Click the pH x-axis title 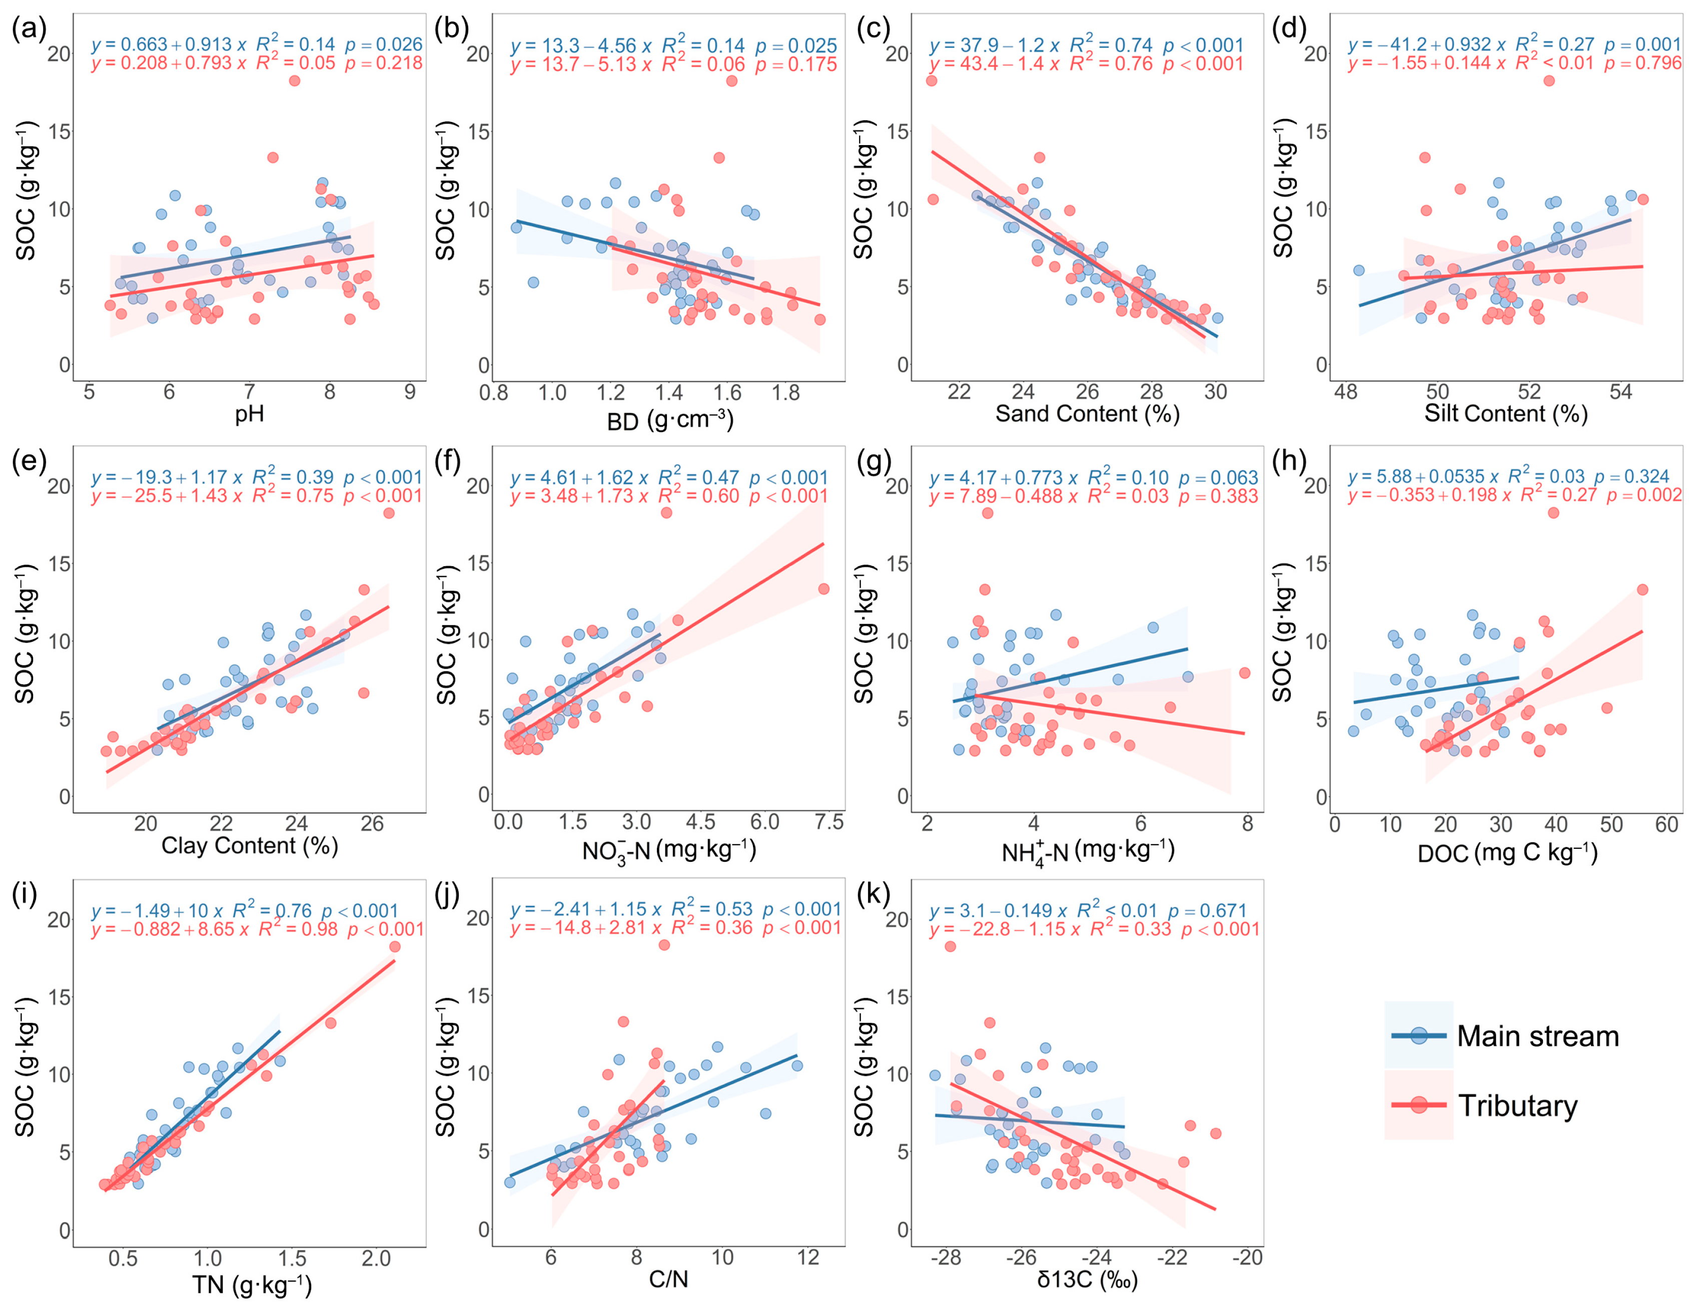249,414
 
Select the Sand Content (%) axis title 1087,414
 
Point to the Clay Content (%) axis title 249,845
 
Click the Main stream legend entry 1537,1036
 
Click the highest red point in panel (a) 294,81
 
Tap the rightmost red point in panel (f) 823,589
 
